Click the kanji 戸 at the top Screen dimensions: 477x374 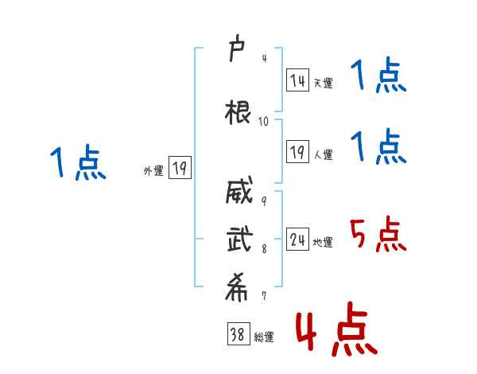coord(236,48)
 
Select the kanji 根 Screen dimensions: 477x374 coord(238,112)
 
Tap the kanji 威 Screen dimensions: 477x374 coord(239,190)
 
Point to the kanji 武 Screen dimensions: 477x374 coord(240,239)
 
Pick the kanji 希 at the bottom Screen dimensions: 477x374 coord(236,287)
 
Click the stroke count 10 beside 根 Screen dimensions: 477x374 coord(263,122)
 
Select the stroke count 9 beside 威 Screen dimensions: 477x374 coord(264,201)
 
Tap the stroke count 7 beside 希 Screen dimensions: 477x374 coord(264,296)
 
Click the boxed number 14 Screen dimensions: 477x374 coord(297,80)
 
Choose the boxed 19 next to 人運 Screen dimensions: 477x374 coord(297,151)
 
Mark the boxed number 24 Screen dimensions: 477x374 coord(297,239)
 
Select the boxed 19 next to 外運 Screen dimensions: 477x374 coord(180,167)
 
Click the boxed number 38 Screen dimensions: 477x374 coord(238,333)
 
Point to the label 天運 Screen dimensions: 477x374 coord(324,83)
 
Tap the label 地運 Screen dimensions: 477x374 coord(323,242)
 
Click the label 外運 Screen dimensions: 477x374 coord(153,171)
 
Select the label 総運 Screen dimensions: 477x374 coord(264,337)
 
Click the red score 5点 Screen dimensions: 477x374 coord(378,234)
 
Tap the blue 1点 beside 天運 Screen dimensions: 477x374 coord(378,75)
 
